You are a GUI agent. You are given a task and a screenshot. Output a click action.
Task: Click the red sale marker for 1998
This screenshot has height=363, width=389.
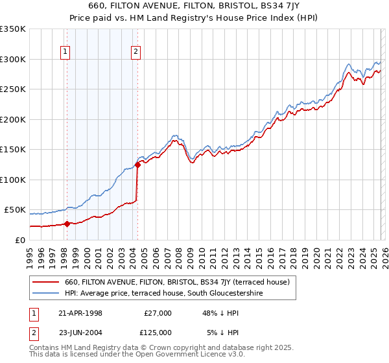click(x=67, y=224)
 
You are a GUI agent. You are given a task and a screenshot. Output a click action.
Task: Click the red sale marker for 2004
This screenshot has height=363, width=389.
click(x=137, y=165)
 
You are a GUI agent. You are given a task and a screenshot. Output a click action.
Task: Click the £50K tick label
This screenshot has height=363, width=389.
click(x=15, y=210)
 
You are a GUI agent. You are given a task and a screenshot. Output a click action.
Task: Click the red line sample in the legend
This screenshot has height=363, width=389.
click(x=46, y=282)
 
